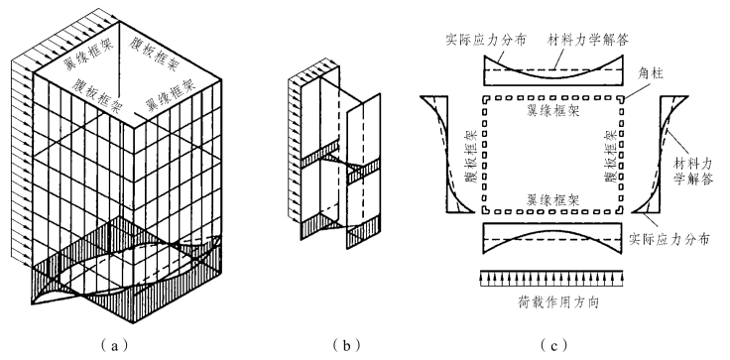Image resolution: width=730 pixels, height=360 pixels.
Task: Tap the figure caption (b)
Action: [346, 345]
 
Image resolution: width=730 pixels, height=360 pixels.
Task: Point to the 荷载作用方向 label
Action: [557, 302]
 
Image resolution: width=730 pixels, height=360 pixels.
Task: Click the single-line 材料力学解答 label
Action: [588, 40]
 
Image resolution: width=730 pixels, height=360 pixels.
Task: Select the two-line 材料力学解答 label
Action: [693, 171]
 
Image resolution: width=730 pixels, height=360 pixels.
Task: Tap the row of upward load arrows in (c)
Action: [551, 278]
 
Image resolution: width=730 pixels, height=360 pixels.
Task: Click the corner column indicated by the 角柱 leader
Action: [623, 99]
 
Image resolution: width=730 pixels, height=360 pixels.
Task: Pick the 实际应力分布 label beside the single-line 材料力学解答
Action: [486, 40]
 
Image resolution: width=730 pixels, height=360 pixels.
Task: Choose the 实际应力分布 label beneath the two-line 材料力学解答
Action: [669, 239]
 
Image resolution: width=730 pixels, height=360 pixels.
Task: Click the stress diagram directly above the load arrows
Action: [552, 238]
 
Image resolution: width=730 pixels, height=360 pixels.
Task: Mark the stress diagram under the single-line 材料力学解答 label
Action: [553, 69]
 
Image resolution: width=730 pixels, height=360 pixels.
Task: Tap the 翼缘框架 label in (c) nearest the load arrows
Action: [553, 200]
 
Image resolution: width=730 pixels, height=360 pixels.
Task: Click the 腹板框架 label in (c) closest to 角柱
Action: [612, 156]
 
